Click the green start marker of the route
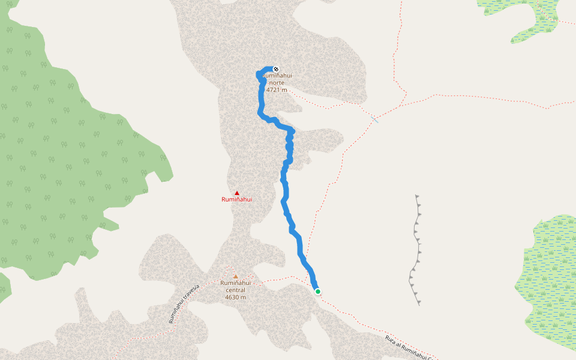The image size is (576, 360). [x=317, y=292]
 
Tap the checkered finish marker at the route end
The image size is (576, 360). [x=276, y=69]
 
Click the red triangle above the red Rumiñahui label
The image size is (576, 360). [x=236, y=193]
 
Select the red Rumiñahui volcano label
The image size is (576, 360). [x=236, y=199]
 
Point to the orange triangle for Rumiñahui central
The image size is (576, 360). [x=235, y=277]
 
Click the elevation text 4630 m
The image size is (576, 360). [x=235, y=297]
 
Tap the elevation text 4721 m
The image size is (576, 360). [x=277, y=90]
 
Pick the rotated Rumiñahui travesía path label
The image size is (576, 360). [x=183, y=304]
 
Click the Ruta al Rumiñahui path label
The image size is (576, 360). [x=409, y=347]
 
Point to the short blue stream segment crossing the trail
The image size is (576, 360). [x=374, y=119]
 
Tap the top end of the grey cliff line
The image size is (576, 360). [x=416, y=196]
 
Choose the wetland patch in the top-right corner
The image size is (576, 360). [x=528, y=15]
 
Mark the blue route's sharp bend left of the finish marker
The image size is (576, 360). [x=259, y=74]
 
